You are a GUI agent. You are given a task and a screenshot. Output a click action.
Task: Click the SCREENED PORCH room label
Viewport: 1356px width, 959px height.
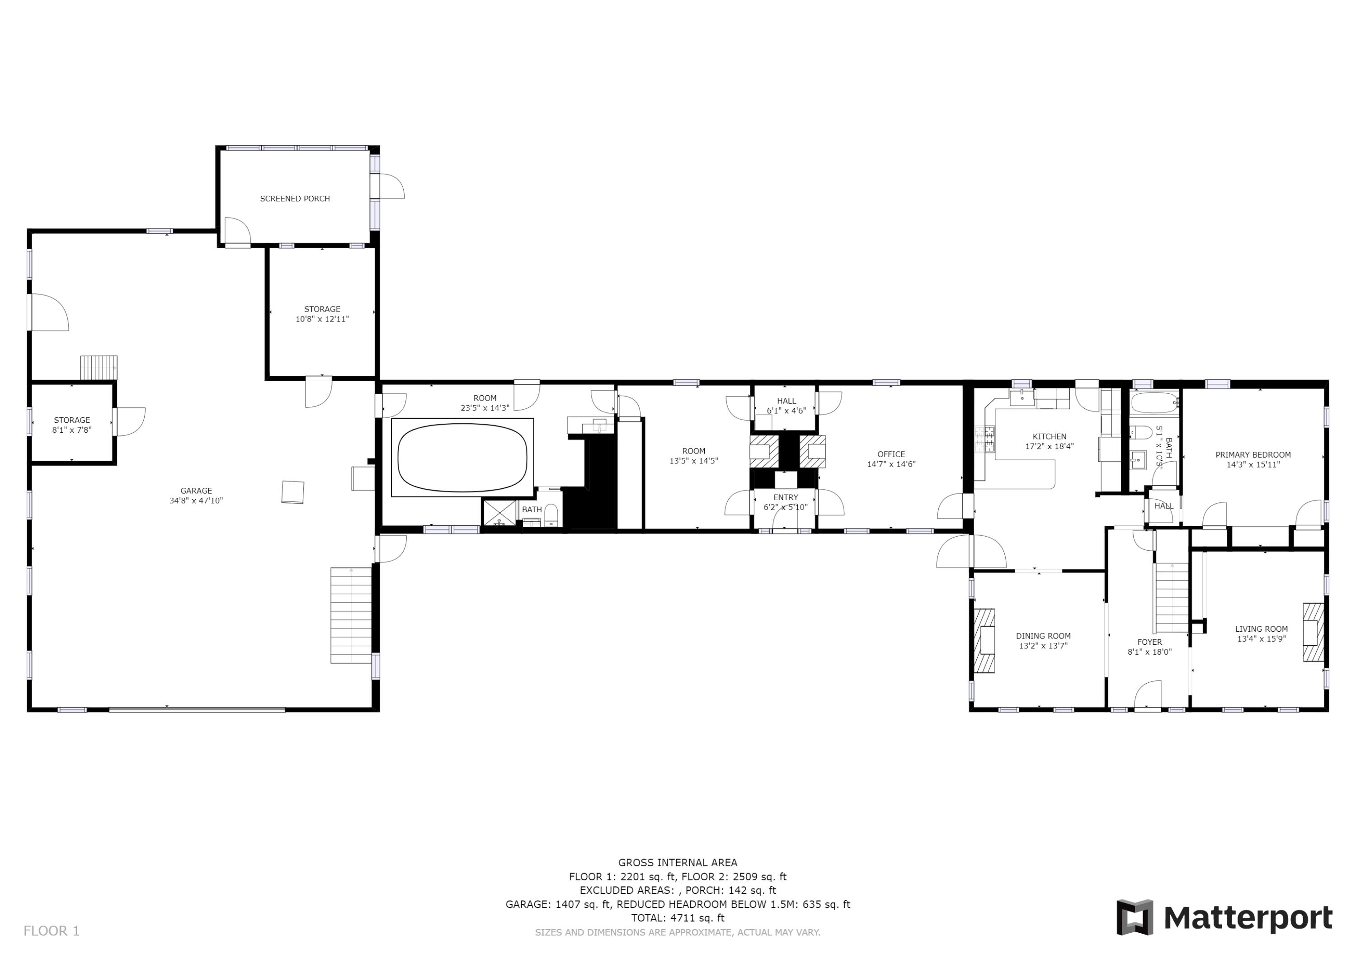[295, 198]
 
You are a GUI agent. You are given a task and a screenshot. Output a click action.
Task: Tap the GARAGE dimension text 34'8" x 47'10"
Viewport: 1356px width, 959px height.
[196, 501]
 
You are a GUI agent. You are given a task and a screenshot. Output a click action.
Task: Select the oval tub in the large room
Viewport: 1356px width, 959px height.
[462, 457]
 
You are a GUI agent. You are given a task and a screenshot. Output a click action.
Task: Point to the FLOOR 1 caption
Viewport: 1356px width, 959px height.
[52, 931]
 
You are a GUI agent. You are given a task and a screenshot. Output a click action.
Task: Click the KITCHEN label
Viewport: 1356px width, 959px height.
[1049, 437]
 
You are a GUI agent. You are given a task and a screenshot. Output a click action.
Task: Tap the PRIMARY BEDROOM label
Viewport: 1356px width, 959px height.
[1252, 454]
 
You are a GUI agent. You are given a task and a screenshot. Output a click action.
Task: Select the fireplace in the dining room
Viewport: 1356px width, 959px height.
[984, 641]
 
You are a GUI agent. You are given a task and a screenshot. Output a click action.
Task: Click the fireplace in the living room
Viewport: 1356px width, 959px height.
[1313, 632]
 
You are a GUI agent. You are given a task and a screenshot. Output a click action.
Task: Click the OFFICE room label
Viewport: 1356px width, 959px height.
[890, 454]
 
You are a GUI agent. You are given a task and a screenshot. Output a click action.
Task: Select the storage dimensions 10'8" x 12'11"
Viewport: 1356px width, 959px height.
[322, 319]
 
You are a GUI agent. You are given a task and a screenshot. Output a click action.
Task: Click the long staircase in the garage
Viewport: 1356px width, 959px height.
[351, 614]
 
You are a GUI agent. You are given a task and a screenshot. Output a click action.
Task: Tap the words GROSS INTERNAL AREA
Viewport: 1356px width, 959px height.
[678, 863]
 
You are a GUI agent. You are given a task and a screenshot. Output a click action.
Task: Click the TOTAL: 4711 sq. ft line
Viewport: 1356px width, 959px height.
[678, 918]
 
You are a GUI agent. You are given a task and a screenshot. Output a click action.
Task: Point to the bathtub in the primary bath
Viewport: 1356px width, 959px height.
[1154, 403]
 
